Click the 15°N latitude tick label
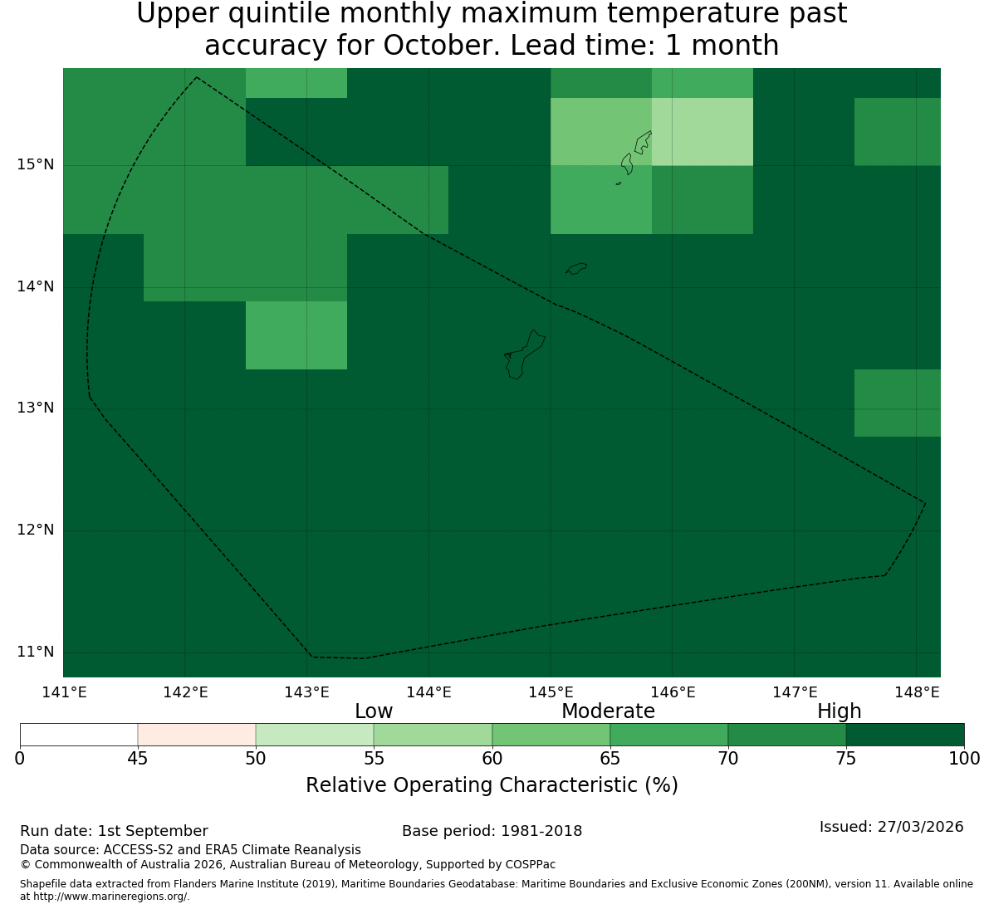tap(35, 165)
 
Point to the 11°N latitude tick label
tap(35, 652)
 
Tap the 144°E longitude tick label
tap(429, 692)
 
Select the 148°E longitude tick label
tap(917, 692)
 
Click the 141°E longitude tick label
tap(64, 692)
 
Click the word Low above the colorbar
tap(374, 711)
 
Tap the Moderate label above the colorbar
tap(608, 711)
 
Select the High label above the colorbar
tap(839, 711)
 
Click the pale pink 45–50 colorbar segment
tap(197, 735)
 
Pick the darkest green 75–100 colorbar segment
tap(905, 735)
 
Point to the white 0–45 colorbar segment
tap(79, 735)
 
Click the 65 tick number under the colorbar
tap(610, 759)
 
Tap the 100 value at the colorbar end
tap(965, 759)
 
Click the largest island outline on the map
tap(525, 355)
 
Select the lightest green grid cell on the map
tap(703, 132)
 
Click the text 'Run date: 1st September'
tap(115, 831)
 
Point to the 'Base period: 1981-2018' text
tap(492, 831)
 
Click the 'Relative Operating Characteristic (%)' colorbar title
tap(492, 785)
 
